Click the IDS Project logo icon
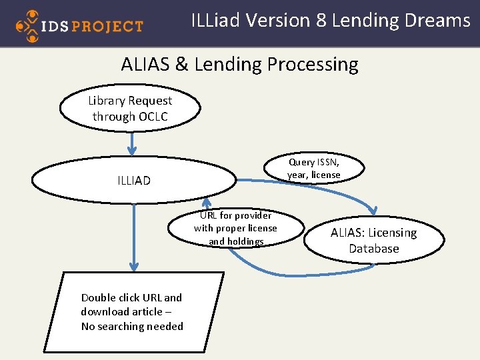(x=27, y=25)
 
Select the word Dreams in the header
(x=439, y=21)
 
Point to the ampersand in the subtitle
(x=181, y=65)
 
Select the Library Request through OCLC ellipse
(x=130, y=108)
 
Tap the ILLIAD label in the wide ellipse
(x=134, y=181)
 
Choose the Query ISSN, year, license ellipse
(x=313, y=169)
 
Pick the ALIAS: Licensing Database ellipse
(x=373, y=240)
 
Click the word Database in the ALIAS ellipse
(x=373, y=249)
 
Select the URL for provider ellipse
(x=235, y=228)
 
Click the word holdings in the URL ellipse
(x=245, y=241)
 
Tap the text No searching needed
(x=132, y=326)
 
